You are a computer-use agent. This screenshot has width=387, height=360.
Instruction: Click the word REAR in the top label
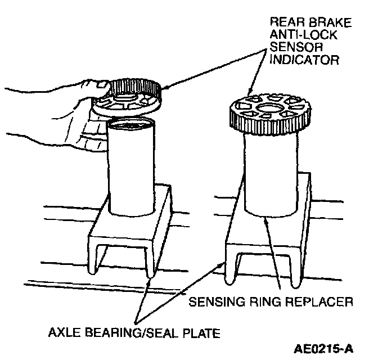coord(285,23)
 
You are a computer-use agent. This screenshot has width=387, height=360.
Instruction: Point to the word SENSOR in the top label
coord(290,47)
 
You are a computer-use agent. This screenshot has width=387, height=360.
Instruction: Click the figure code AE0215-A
coord(323,349)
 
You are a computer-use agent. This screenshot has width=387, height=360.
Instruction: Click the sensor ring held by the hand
coord(127,99)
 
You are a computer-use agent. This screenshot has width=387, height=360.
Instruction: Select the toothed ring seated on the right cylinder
coord(268,112)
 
